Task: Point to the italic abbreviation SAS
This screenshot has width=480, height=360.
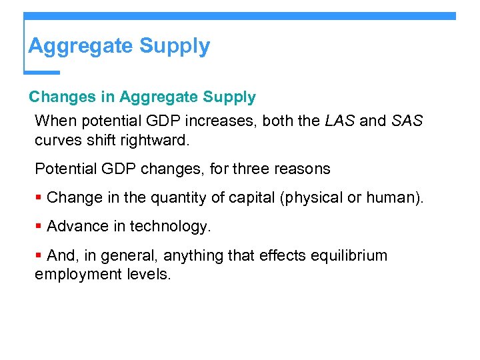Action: click(407, 121)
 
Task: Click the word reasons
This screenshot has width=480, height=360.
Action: click(303, 169)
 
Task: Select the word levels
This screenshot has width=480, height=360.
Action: click(147, 274)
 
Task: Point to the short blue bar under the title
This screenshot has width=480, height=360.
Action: click(42, 72)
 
